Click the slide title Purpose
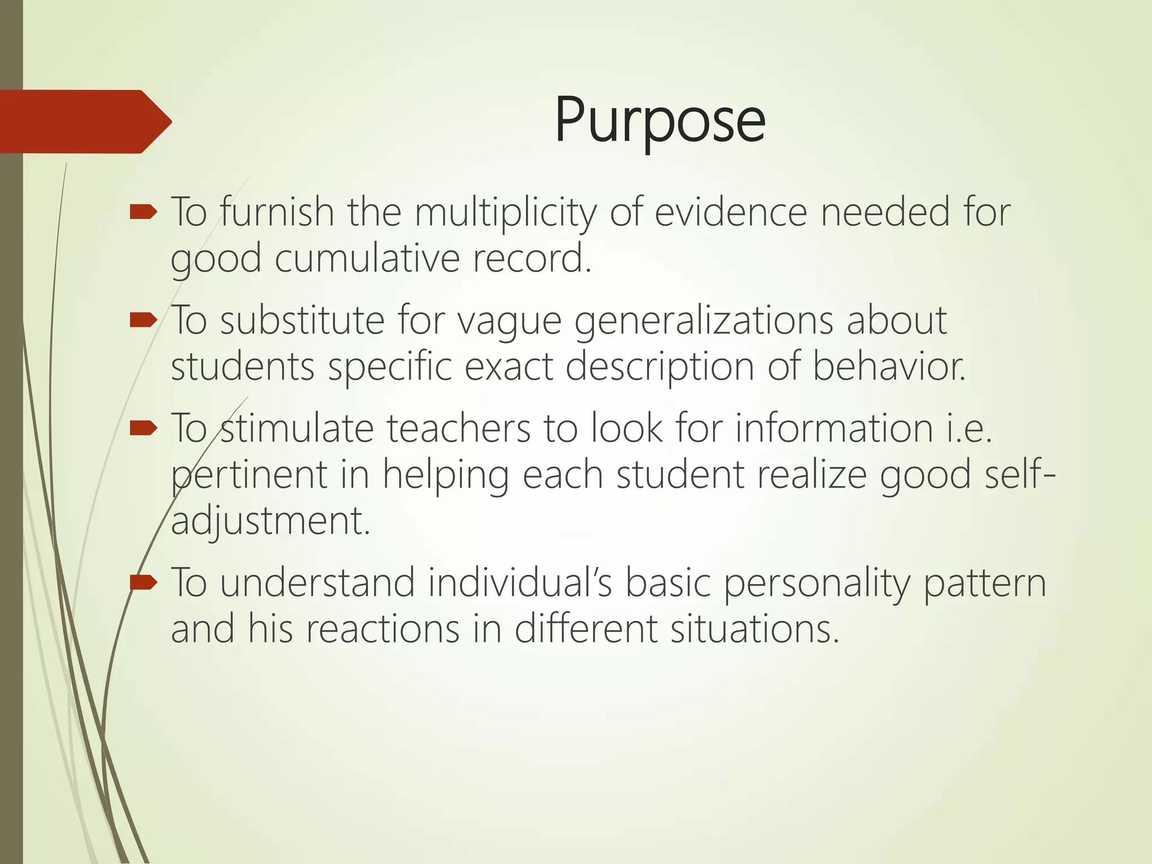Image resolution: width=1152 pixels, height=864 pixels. (659, 121)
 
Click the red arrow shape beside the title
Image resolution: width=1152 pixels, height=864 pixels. (84, 121)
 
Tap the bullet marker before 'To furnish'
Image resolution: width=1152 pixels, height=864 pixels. (143, 213)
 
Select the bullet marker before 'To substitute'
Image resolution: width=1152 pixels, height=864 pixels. (143, 321)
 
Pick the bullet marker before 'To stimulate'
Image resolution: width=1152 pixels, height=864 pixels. (143, 429)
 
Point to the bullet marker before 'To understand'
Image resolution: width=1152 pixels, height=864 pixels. (143, 583)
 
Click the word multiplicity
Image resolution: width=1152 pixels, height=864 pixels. (505, 213)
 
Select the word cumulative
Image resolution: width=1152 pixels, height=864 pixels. (367, 259)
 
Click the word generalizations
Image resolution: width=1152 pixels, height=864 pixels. (703, 321)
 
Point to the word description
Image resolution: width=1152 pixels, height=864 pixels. (659, 367)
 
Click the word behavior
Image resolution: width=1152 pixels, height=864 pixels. (889, 367)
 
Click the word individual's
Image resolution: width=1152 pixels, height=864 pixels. (520, 583)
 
